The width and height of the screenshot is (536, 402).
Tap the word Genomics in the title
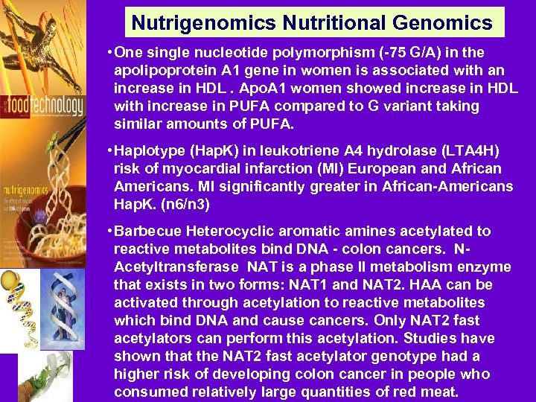(447, 23)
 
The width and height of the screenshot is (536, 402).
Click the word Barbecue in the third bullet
(147, 232)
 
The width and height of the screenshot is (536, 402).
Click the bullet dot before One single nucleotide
(109, 52)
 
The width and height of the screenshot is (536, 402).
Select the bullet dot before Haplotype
(109, 151)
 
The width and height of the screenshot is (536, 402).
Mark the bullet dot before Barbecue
(109, 232)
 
